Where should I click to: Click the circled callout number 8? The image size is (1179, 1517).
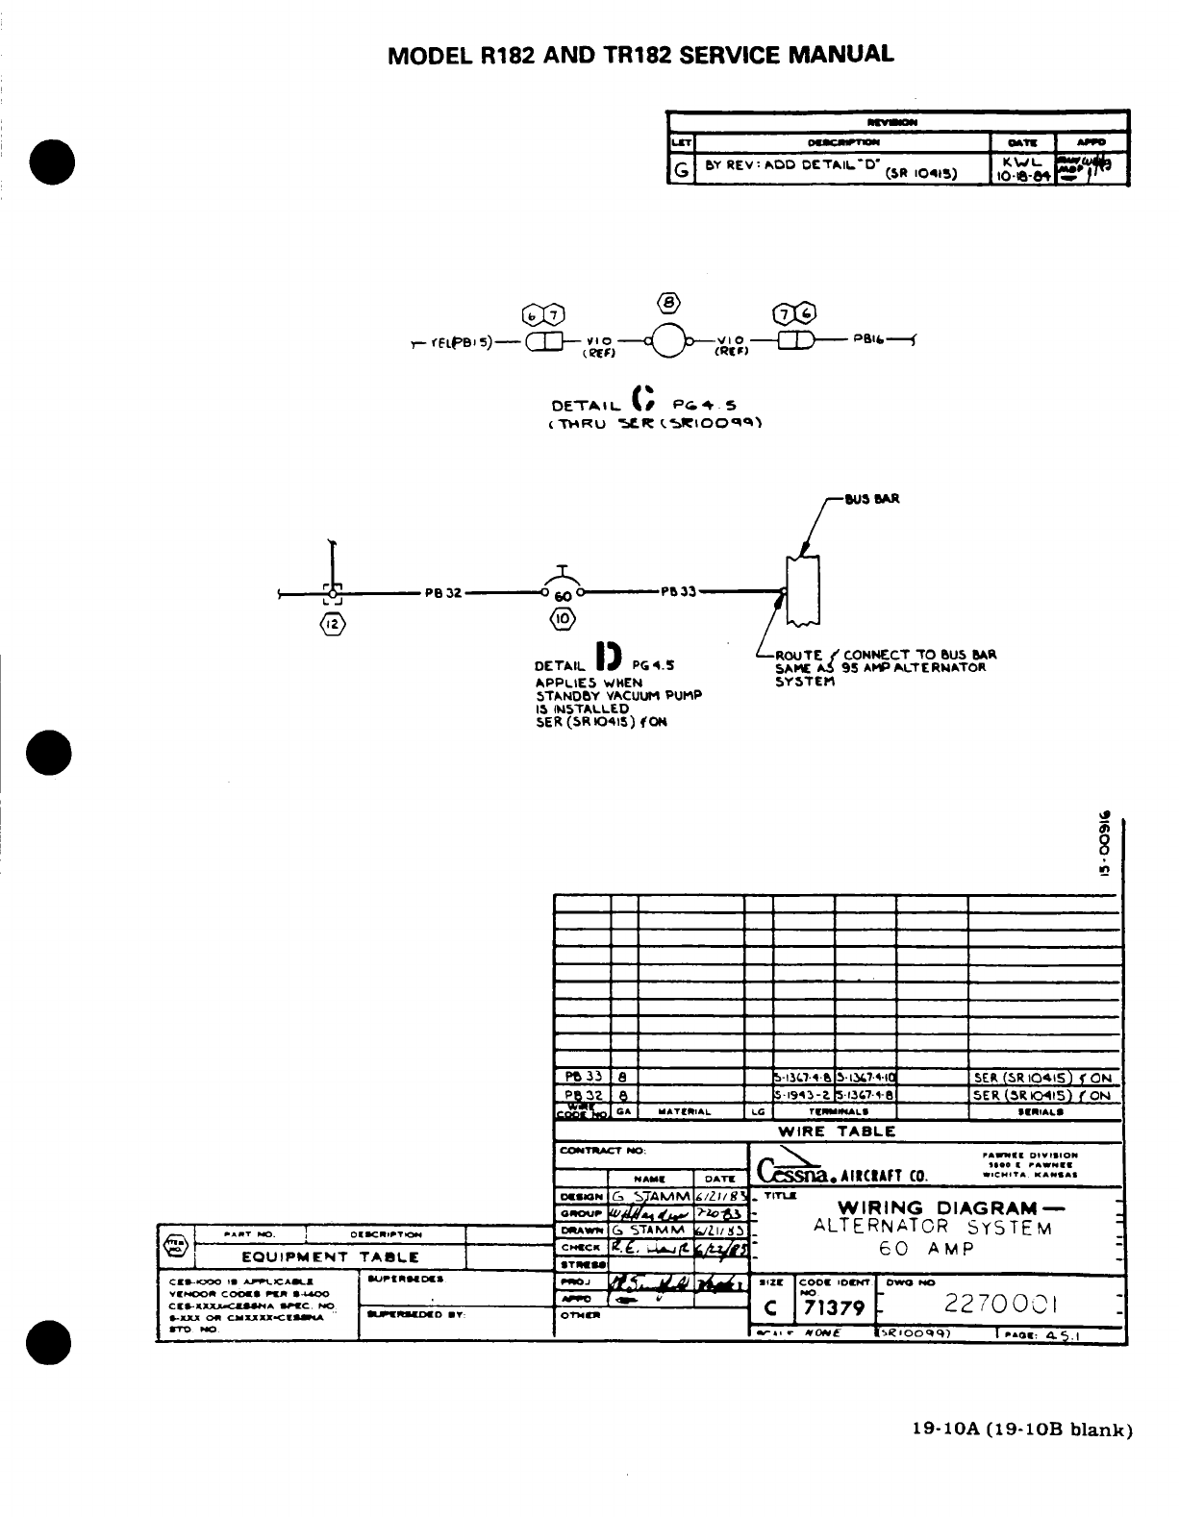click(x=669, y=305)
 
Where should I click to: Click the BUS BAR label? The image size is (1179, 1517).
click(x=871, y=499)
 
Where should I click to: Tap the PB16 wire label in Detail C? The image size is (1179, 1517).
click(x=869, y=339)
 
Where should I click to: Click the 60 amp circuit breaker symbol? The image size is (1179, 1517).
click(x=563, y=588)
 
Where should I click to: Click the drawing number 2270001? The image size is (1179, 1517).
click(x=1000, y=1305)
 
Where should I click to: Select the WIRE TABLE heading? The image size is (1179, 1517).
click(x=837, y=1132)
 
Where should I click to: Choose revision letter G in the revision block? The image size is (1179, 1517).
click(x=681, y=171)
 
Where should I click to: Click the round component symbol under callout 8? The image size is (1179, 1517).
click(x=669, y=340)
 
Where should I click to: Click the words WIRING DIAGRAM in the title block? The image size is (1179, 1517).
click(x=937, y=1207)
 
